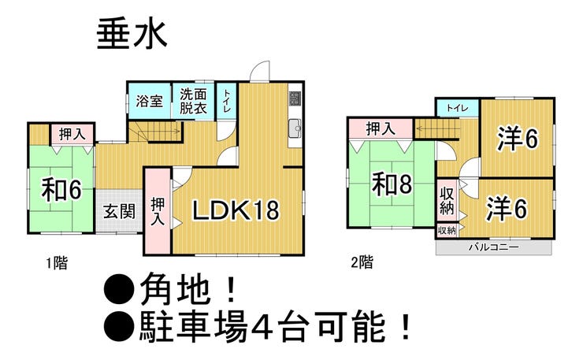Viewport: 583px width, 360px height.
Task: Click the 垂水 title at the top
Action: click(x=132, y=35)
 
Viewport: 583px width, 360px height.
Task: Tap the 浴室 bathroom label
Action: click(x=150, y=101)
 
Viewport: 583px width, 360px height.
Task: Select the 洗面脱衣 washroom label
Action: click(x=193, y=101)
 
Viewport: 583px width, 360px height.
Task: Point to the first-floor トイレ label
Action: click(x=226, y=101)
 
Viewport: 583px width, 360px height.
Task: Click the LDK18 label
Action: click(x=236, y=210)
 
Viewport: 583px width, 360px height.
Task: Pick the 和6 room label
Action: click(x=61, y=190)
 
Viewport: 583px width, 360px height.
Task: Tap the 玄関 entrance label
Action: click(x=119, y=212)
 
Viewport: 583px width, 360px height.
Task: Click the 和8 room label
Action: click(x=392, y=184)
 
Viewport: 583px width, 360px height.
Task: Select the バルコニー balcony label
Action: click(x=494, y=247)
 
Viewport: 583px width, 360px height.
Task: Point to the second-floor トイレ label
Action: click(x=457, y=108)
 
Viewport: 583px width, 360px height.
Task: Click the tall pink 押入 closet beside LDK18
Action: click(x=158, y=211)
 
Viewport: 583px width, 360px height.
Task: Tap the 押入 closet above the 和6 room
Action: click(x=72, y=134)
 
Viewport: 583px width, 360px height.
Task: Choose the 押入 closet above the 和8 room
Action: click(x=380, y=128)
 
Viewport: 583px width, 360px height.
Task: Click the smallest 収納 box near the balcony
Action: click(x=447, y=231)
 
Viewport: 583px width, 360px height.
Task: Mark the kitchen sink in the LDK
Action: click(x=295, y=128)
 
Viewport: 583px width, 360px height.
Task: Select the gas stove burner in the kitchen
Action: click(x=295, y=98)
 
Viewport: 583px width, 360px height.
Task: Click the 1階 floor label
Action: click(x=57, y=264)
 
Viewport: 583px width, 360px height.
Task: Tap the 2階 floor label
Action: click(x=362, y=262)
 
